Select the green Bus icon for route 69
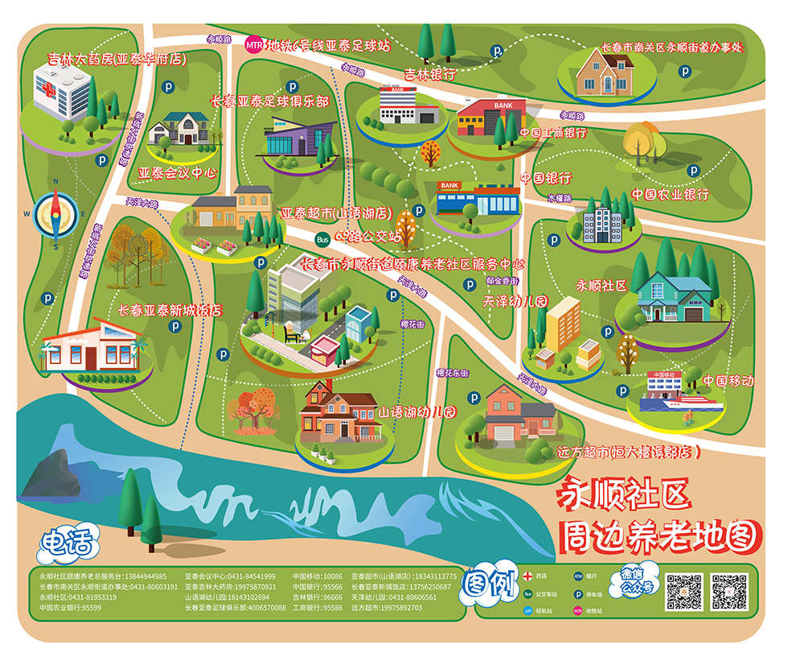(x=322, y=238)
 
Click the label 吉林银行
(x=430, y=74)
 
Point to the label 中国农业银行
(x=670, y=194)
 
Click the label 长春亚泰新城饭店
(x=169, y=309)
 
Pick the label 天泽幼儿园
(x=515, y=301)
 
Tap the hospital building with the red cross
(x=62, y=91)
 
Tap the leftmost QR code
(x=685, y=592)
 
